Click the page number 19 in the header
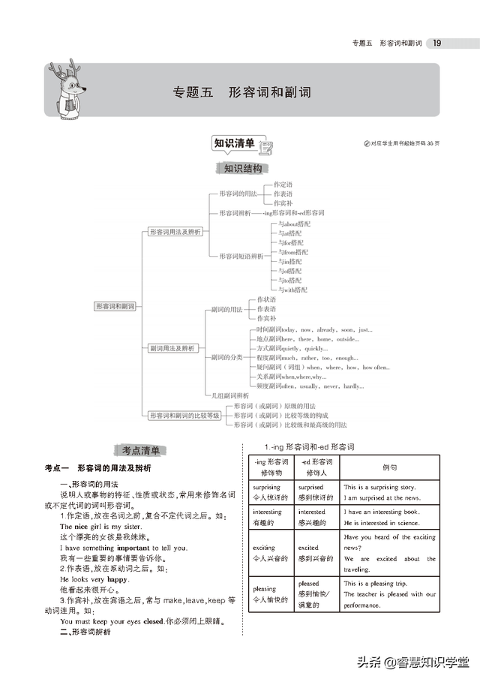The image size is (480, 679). (436, 43)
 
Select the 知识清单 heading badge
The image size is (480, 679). (234, 143)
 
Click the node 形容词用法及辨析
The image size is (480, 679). (175, 232)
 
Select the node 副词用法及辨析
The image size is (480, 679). (172, 348)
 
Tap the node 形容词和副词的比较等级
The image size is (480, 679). (184, 415)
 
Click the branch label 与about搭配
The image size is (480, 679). (294, 224)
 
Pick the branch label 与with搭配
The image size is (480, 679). (292, 290)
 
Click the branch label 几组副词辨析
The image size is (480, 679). (229, 395)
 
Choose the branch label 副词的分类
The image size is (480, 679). (226, 357)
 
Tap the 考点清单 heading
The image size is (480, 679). (141, 450)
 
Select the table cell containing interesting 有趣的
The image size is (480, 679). (271, 517)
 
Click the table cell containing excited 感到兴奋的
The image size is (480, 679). (317, 553)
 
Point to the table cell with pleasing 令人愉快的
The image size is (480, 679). (271, 594)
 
